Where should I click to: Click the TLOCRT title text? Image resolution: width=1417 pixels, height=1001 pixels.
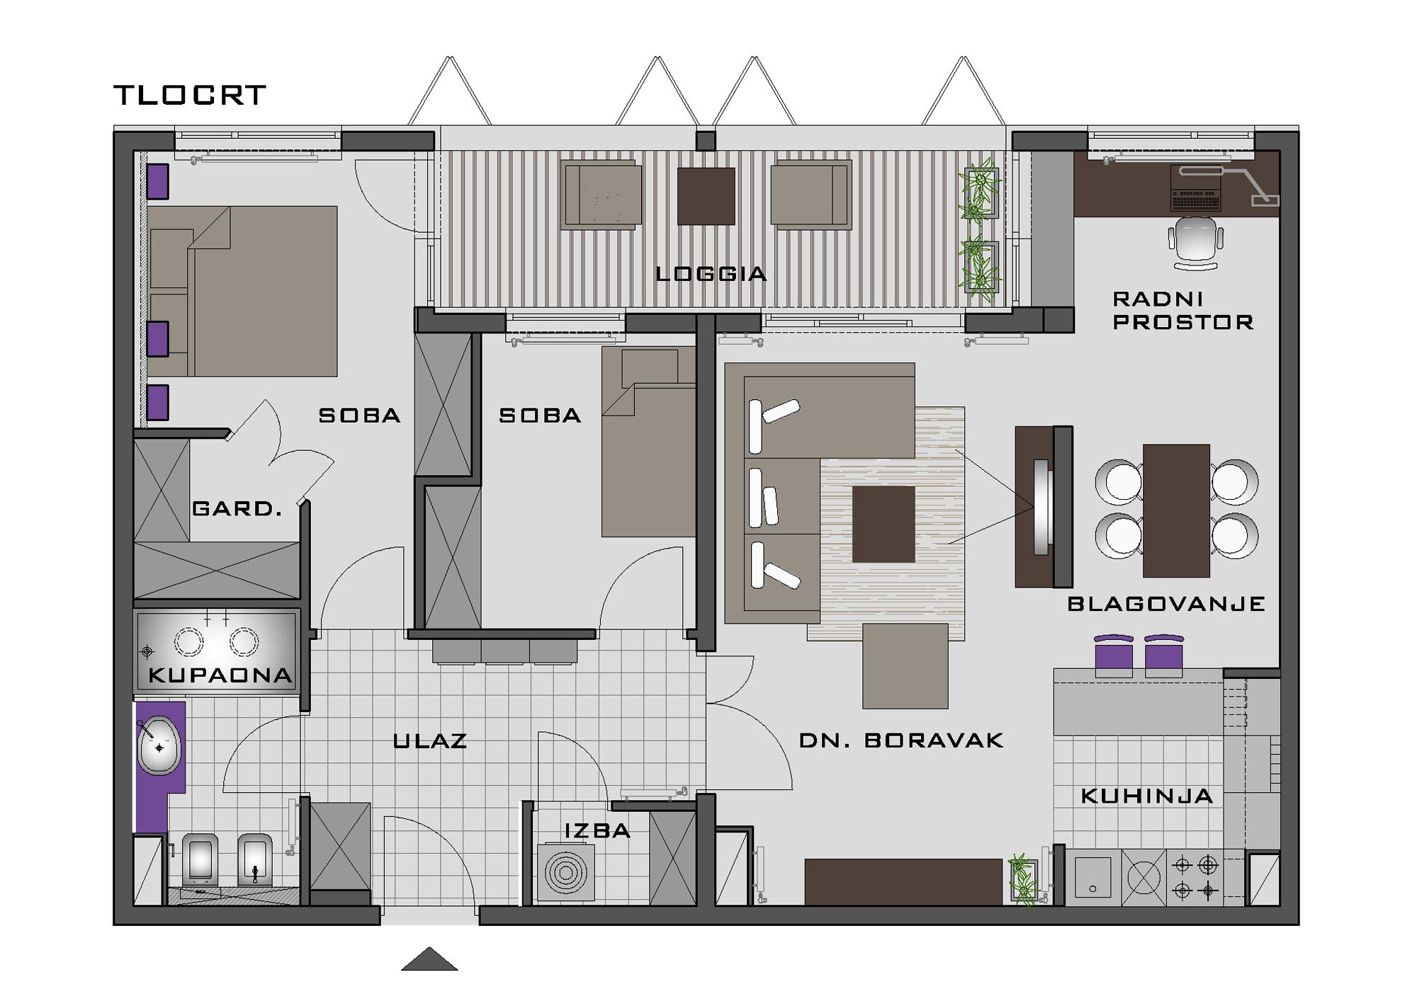(189, 95)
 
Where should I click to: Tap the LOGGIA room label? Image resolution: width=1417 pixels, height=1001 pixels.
(711, 274)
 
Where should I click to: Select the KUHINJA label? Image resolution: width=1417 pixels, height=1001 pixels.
(1147, 796)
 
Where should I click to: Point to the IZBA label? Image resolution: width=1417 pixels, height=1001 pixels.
(597, 830)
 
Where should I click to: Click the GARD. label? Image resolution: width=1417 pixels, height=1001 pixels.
(237, 508)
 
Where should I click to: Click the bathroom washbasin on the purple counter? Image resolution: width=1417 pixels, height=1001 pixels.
(159, 745)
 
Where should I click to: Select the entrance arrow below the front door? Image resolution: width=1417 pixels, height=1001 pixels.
(429, 959)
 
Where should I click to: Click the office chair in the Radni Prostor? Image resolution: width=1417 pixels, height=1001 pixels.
(1196, 243)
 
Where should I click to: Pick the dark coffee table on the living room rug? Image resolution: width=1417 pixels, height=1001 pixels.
(883, 524)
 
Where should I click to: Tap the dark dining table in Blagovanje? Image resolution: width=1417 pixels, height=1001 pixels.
(1176, 510)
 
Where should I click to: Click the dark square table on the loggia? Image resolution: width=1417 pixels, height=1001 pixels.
(706, 196)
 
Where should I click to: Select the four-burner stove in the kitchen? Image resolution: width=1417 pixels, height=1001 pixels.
(1195, 877)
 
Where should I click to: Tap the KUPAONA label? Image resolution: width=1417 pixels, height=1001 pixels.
(220, 675)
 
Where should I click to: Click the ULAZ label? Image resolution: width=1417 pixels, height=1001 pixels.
(430, 741)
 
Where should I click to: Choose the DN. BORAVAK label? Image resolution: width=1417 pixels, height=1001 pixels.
(901, 740)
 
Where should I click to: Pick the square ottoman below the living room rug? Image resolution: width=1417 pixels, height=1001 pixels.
(905, 665)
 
